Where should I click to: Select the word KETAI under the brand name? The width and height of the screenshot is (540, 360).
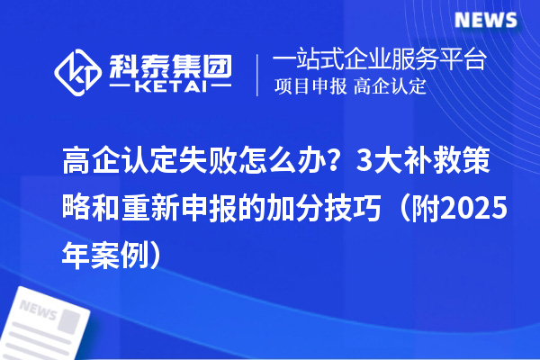pyautogui.click(x=170, y=88)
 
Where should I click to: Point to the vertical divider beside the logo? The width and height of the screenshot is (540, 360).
pyautogui.click(x=258, y=74)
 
